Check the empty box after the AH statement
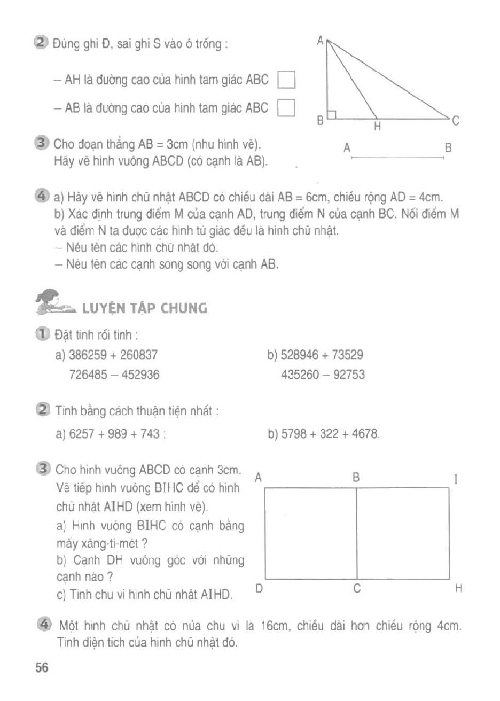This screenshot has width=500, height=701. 287,80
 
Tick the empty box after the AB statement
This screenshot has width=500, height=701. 287,108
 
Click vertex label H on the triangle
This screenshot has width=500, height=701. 377,127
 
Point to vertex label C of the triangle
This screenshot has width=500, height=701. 455,121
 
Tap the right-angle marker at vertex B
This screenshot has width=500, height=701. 332,114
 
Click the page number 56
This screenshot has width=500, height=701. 42,667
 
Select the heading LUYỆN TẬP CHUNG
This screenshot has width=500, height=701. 144,308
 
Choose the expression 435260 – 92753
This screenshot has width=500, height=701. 323,375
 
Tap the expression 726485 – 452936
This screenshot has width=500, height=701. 114,375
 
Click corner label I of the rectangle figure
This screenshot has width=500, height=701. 455,479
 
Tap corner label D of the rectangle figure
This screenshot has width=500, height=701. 259,589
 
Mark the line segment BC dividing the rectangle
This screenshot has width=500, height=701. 356,533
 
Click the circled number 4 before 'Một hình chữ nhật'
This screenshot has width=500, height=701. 44,624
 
